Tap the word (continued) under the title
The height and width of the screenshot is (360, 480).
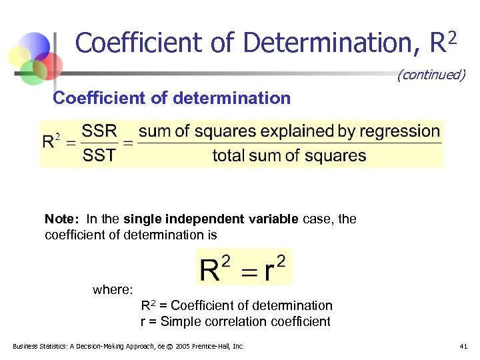[431, 75]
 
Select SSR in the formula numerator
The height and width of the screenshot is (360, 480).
[99, 131]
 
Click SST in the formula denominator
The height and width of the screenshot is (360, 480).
[99, 155]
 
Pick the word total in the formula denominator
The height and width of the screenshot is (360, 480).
[229, 156]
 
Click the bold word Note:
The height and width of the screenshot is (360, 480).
[62, 219]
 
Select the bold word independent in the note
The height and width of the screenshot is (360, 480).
[195, 219]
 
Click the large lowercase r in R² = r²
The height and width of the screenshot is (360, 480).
[269, 271]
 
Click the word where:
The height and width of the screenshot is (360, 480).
[113, 289]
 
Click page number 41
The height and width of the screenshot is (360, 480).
[463, 346]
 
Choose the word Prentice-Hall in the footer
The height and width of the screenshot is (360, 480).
[213, 346]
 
